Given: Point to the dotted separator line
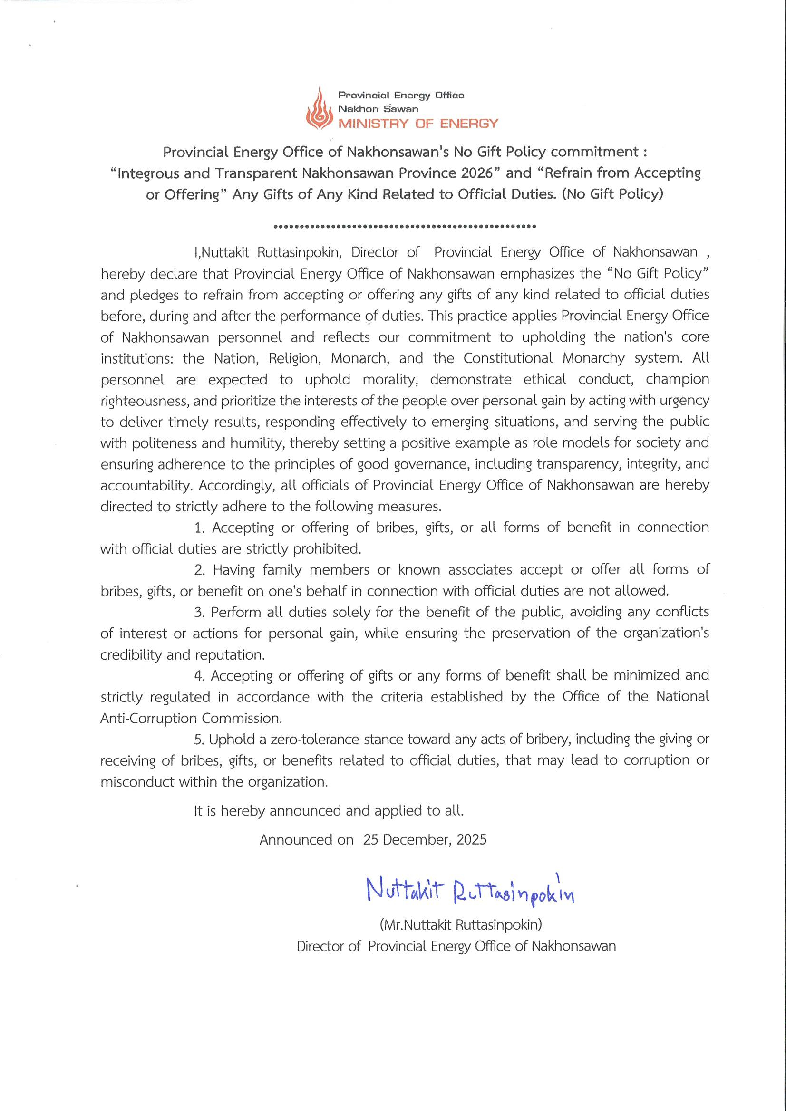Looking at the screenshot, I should (405, 226).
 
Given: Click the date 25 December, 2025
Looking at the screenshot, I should (424, 839).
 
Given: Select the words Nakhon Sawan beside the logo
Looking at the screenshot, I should (378, 109).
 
